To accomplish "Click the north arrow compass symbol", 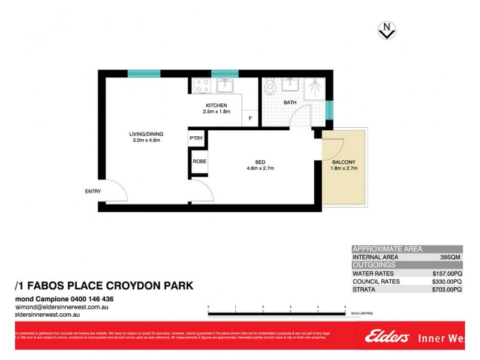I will click(x=386, y=29).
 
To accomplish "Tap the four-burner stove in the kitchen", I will click(x=200, y=86).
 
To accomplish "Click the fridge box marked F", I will click(x=250, y=118).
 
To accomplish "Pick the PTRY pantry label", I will click(x=196, y=139).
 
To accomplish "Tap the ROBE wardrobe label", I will click(x=199, y=161).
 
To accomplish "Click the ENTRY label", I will click(x=93, y=191).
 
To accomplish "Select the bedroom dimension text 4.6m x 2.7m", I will click(x=260, y=169).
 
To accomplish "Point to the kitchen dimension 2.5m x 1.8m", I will click(x=217, y=112).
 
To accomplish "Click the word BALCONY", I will click(x=344, y=162).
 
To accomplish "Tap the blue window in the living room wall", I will click(x=144, y=74).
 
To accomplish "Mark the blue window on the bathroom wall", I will click(x=328, y=110).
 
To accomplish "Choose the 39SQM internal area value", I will click(x=451, y=257).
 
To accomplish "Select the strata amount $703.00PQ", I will click(x=446, y=289).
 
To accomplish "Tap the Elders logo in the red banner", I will click(x=386, y=337).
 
